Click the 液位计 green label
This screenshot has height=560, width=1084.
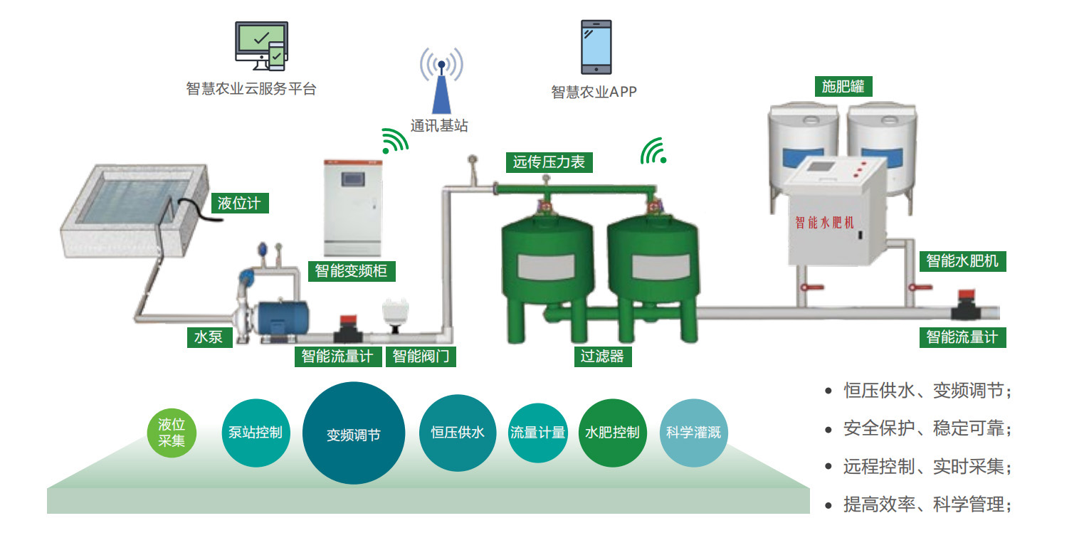(x=239, y=204)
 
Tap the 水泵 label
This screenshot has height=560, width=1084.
(x=209, y=337)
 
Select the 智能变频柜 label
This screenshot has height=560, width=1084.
(x=351, y=271)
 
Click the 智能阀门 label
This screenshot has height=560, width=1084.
(x=421, y=356)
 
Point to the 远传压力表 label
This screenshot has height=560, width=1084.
(x=548, y=162)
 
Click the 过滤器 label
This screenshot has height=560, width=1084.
(x=602, y=356)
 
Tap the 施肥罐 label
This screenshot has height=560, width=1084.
(x=843, y=87)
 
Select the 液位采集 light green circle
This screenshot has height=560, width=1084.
(x=172, y=433)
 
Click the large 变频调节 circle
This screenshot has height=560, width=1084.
(x=354, y=433)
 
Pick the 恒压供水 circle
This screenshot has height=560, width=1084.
(x=457, y=433)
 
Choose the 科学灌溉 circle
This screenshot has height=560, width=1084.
(x=693, y=433)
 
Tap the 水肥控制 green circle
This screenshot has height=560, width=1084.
(x=612, y=433)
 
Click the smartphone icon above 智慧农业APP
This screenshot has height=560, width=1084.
(x=596, y=47)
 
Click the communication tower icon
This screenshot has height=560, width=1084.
(x=441, y=82)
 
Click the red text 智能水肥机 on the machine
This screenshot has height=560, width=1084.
(x=824, y=223)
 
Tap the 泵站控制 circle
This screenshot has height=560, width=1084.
(x=256, y=433)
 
